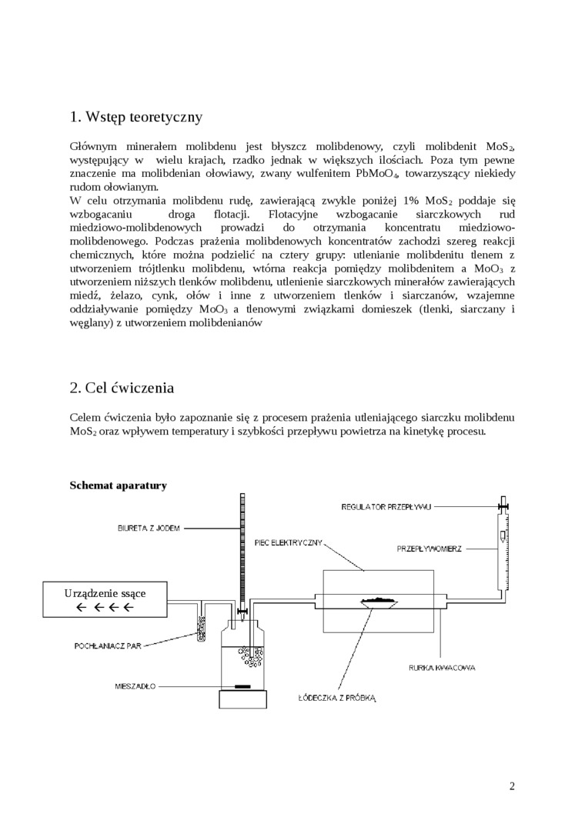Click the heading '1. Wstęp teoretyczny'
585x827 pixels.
click(x=136, y=117)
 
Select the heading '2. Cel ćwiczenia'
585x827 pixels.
click(x=122, y=388)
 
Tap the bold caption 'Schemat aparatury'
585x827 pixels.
click(x=119, y=485)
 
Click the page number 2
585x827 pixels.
click(x=512, y=786)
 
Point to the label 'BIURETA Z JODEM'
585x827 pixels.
click(x=149, y=528)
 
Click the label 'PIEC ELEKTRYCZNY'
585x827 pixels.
click(x=287, y=542)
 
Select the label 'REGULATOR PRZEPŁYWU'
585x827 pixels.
click(x=386, y=507)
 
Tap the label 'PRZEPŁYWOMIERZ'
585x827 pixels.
click(x=429, y=549)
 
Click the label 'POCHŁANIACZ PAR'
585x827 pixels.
click(x=108, y=645)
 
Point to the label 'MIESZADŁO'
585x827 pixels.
click(x=135, y=687)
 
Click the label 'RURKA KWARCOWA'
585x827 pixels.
click(x=442, y=668)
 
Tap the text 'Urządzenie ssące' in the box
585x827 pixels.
click(x=105, y=593)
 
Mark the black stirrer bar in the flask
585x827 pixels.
click(x=242, y=687)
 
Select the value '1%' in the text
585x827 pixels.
click(x=410, y=201)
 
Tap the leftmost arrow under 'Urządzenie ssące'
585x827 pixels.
click(x=81, y=607)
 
